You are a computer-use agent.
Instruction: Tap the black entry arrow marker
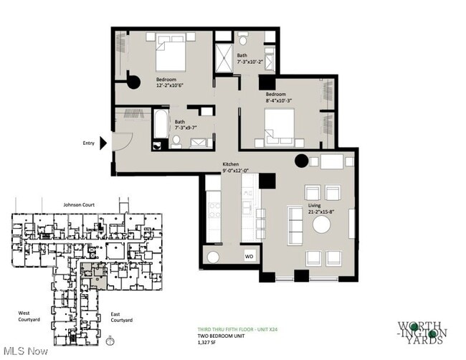103,143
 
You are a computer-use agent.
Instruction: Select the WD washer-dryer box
249,255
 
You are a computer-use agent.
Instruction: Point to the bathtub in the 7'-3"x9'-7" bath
160,123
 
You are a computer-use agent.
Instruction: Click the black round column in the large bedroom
133,82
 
